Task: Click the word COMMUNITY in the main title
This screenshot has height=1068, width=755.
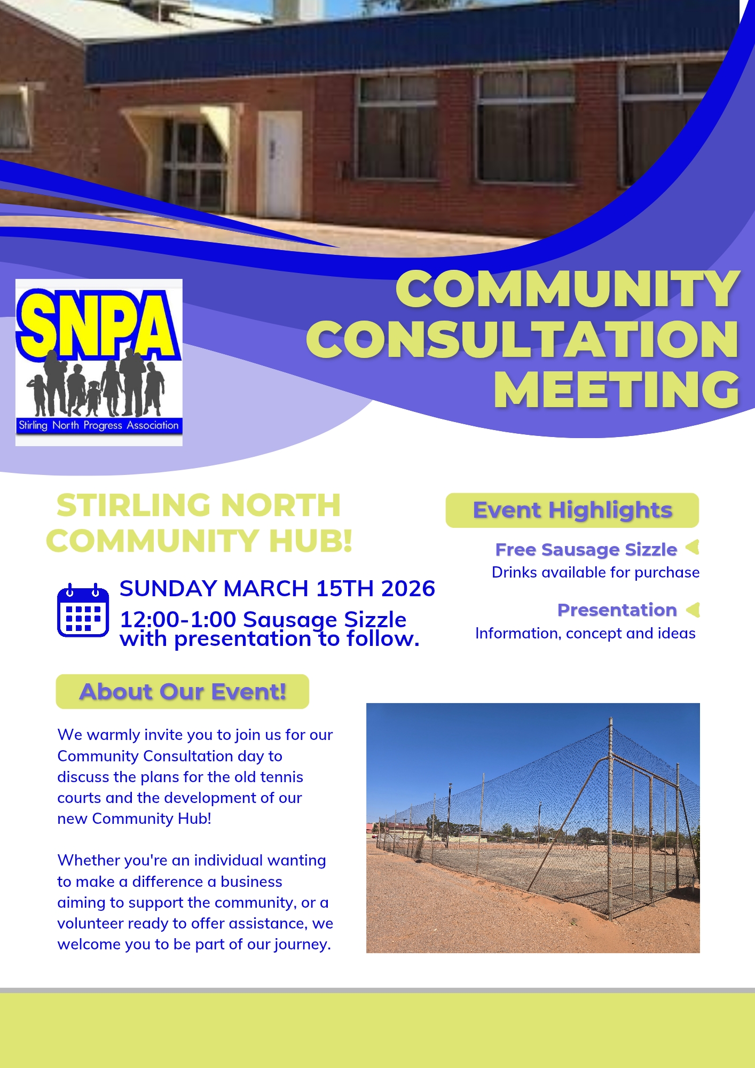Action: coord(568,289)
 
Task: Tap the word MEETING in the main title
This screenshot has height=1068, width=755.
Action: coord(617,389)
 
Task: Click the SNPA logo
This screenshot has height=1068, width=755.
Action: coord(99,362)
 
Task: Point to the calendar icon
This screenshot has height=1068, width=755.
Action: coord(83,610)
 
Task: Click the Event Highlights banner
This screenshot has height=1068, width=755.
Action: coord(572,510)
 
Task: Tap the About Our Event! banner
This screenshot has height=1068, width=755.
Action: coord(183,691)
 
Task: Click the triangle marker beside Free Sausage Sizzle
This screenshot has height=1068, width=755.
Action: coord(693,547)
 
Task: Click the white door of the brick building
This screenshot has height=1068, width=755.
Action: coord(280,164)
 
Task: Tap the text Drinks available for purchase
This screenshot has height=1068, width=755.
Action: coord(595,572)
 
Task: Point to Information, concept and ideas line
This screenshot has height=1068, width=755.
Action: coord(585,633)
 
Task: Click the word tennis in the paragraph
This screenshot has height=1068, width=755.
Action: coord(281,777)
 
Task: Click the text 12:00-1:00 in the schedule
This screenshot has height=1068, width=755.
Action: coord(178,620)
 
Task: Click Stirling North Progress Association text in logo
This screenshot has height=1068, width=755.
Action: coord(99,425)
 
